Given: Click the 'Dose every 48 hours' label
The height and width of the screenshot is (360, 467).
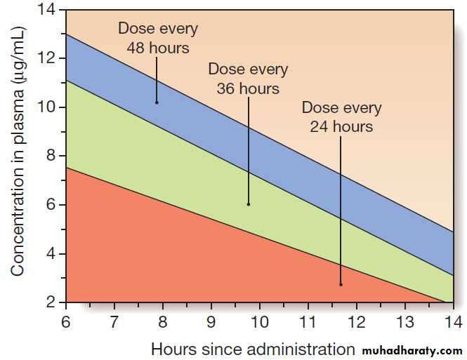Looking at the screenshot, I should pos(158,39).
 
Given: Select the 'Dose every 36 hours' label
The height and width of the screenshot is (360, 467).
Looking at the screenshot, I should pos(248,79).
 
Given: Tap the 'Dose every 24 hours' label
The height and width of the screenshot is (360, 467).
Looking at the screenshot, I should pos(341,117).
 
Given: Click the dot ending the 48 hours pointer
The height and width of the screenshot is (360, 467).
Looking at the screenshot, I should pos(157,102).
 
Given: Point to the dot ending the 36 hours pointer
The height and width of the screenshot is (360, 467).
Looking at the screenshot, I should pos(249,204).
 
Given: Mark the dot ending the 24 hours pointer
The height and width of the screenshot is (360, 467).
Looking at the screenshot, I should pos(341,284).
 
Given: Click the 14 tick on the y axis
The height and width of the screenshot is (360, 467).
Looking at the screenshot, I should pos(48,10).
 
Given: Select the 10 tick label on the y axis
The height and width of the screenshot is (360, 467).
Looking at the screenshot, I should pos(48,107).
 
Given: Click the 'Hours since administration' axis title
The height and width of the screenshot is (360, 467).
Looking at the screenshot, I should pos(253,348).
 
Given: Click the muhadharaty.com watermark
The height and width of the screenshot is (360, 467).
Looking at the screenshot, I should pos(414,349).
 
